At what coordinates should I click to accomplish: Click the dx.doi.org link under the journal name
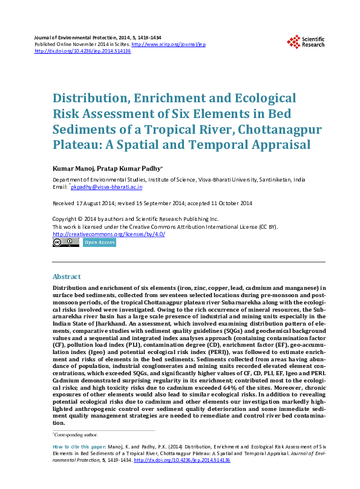(x=83, y=51)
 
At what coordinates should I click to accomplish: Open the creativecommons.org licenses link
(x=109, y=234)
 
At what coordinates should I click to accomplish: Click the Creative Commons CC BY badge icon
(x=66, y=243)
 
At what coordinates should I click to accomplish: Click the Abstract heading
(x=67, y=277)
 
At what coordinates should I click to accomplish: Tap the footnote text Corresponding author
(x=76, y=435)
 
